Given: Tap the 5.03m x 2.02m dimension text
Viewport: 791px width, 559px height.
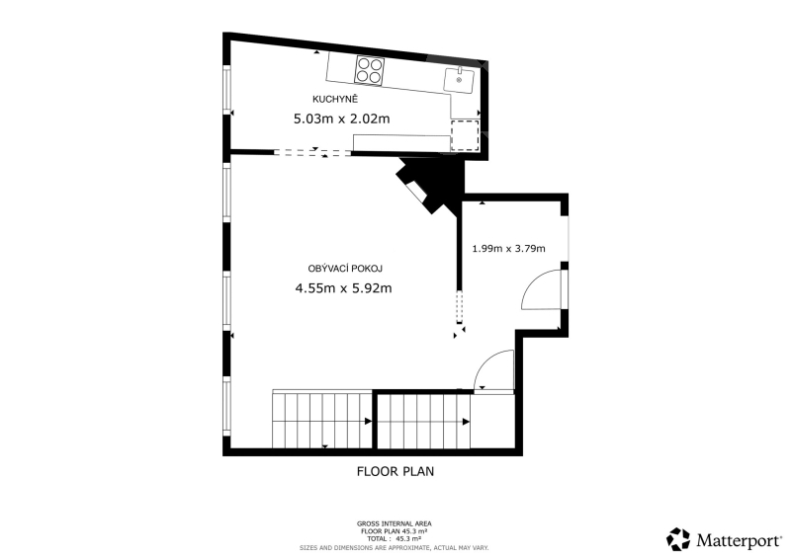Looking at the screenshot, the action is click(x=341, y=119).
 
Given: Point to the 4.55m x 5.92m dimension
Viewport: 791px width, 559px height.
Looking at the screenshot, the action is click(x=343, y=288).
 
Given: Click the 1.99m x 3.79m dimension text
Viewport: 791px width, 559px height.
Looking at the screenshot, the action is click(x=508, y=249).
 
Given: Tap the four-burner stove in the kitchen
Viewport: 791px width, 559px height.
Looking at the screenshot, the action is click(x=370, y=70).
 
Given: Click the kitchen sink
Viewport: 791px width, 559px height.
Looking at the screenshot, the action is click(x=459, y=81).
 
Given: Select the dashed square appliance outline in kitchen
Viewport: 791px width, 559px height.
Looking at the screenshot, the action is click(x=465, y=135).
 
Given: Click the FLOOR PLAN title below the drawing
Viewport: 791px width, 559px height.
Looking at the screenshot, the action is click(x=395, y=471).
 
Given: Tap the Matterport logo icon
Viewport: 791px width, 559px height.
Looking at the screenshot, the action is click(x=678, y=539).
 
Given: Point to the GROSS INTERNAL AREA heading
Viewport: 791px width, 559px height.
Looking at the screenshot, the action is click(x=394, y=524).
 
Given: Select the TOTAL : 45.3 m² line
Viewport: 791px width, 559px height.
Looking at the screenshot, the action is click(x=394, y=539).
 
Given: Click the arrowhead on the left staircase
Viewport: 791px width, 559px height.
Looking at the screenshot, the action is click(x=369, y=422).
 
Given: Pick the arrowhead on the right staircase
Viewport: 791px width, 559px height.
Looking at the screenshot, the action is click(x=467, y=422).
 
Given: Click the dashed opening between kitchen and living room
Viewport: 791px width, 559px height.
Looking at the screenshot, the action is click(x=312, y=152).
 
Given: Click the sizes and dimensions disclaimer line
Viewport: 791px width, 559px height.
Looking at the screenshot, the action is click(x=394, y=548).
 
